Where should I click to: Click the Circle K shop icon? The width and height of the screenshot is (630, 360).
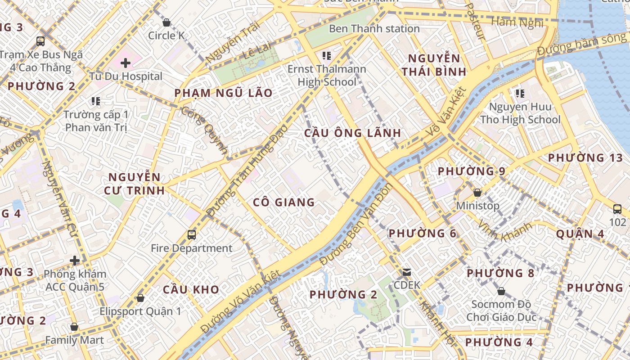(x=166, y=22)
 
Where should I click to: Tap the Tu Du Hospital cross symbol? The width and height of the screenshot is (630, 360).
(x=126, y=63)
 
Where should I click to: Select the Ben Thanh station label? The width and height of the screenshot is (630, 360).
(x=374, y=29)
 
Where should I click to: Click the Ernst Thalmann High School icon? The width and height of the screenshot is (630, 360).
(x=327, y=56)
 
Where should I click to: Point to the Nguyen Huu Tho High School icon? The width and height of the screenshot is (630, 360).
(x=520, y=94)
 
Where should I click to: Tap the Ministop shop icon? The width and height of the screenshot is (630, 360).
(x=477, y=193)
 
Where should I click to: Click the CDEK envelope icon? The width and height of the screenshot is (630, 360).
(x=407, y=272)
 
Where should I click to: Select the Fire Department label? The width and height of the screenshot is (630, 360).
(x=191, y=248)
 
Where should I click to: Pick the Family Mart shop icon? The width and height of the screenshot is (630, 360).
(x=74, y=327)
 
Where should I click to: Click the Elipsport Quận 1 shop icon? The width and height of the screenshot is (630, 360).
(x=140, y=298)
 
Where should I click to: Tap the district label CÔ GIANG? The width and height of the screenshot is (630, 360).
(x=283, y=202)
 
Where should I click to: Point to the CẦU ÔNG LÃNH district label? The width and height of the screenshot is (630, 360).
(x=352, y=133)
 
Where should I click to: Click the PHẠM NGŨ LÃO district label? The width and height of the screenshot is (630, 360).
(x=223, y=93)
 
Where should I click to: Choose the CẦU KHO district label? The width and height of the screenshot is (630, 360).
(x=191, y=289)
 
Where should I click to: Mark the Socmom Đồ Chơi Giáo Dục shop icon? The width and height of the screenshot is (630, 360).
(x=501, y=291)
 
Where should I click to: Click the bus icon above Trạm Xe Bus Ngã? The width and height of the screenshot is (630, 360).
(x=40, y=41)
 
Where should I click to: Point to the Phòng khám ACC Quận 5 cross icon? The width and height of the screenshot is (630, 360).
(x=75, y=261)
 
